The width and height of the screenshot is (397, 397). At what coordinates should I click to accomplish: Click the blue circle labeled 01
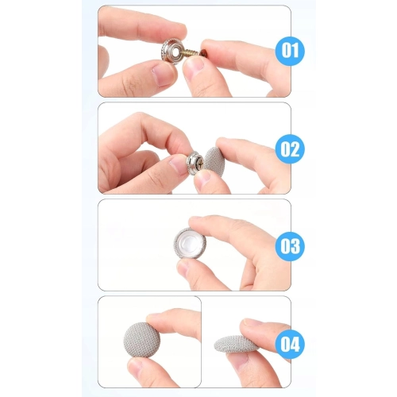pyautogui.click(x=290, y=51)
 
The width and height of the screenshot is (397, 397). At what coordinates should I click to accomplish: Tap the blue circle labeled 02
pyautogui.click(x=290, y=148)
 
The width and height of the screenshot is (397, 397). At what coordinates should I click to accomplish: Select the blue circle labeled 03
pyautogui.click(x=290, y=246)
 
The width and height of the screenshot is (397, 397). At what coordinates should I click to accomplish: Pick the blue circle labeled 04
pyautogui.click(x=290, y=344)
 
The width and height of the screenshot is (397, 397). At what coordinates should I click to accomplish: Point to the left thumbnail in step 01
pyautogui.click(x=161, y=75)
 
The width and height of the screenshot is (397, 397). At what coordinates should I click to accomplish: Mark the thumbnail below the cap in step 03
pyautogui.click(x=184, y=267)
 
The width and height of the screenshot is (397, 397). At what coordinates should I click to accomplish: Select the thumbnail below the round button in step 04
pyautogui.click(x=137, y=367)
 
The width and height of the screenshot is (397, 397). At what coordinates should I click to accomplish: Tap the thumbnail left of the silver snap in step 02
pyautogui.click(x=179, y=164)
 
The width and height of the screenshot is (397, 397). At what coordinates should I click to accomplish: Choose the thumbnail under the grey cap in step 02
pyautogui.click(x=203, y=178)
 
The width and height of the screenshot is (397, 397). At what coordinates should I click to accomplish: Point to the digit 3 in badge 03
pyautogui.click(x=295, y=246)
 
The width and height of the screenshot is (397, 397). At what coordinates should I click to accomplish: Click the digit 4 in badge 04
pyautogui.click(x=295, y=344)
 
